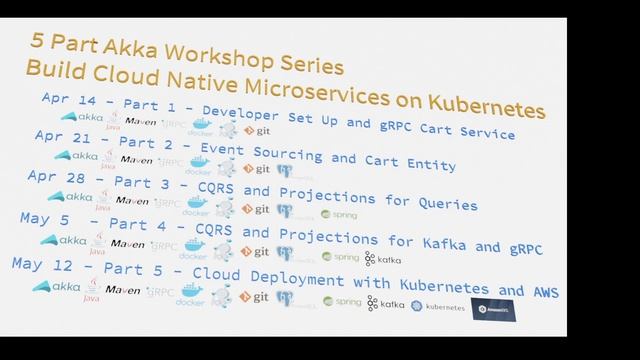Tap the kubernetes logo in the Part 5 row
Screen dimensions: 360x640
[x=438, y=306]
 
